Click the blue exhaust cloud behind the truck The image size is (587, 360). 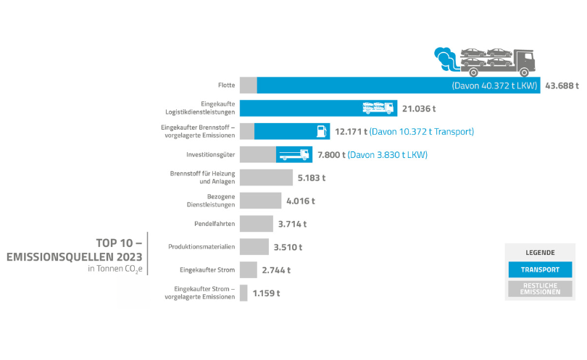pyautogui.click(x=447, y=57)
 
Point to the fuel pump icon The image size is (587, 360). pyautogui.click(x=319, y=131)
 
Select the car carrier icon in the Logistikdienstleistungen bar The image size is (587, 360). pyautogui.click(x=378, y=108)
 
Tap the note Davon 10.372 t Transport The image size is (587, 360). pyautogui.click(x=421, y=132)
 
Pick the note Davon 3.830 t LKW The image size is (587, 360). pyautogui.click(x=388, y=155)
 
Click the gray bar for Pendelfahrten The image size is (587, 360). pyautogui.click(x=256, y=224)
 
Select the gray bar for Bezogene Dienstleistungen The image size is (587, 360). pyautogui.click(x=260, y=201)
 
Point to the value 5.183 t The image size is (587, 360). pyautogui.click(x=311, y=177)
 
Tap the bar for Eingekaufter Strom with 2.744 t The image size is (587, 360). pyautogui.click(x=248, y=269)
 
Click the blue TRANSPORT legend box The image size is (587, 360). pyautogui.click(x=539, y=270)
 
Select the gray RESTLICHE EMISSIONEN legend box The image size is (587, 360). pyautogui.click(x=539, y=289)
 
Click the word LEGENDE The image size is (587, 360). pyautogui.click(x=540, y=253)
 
